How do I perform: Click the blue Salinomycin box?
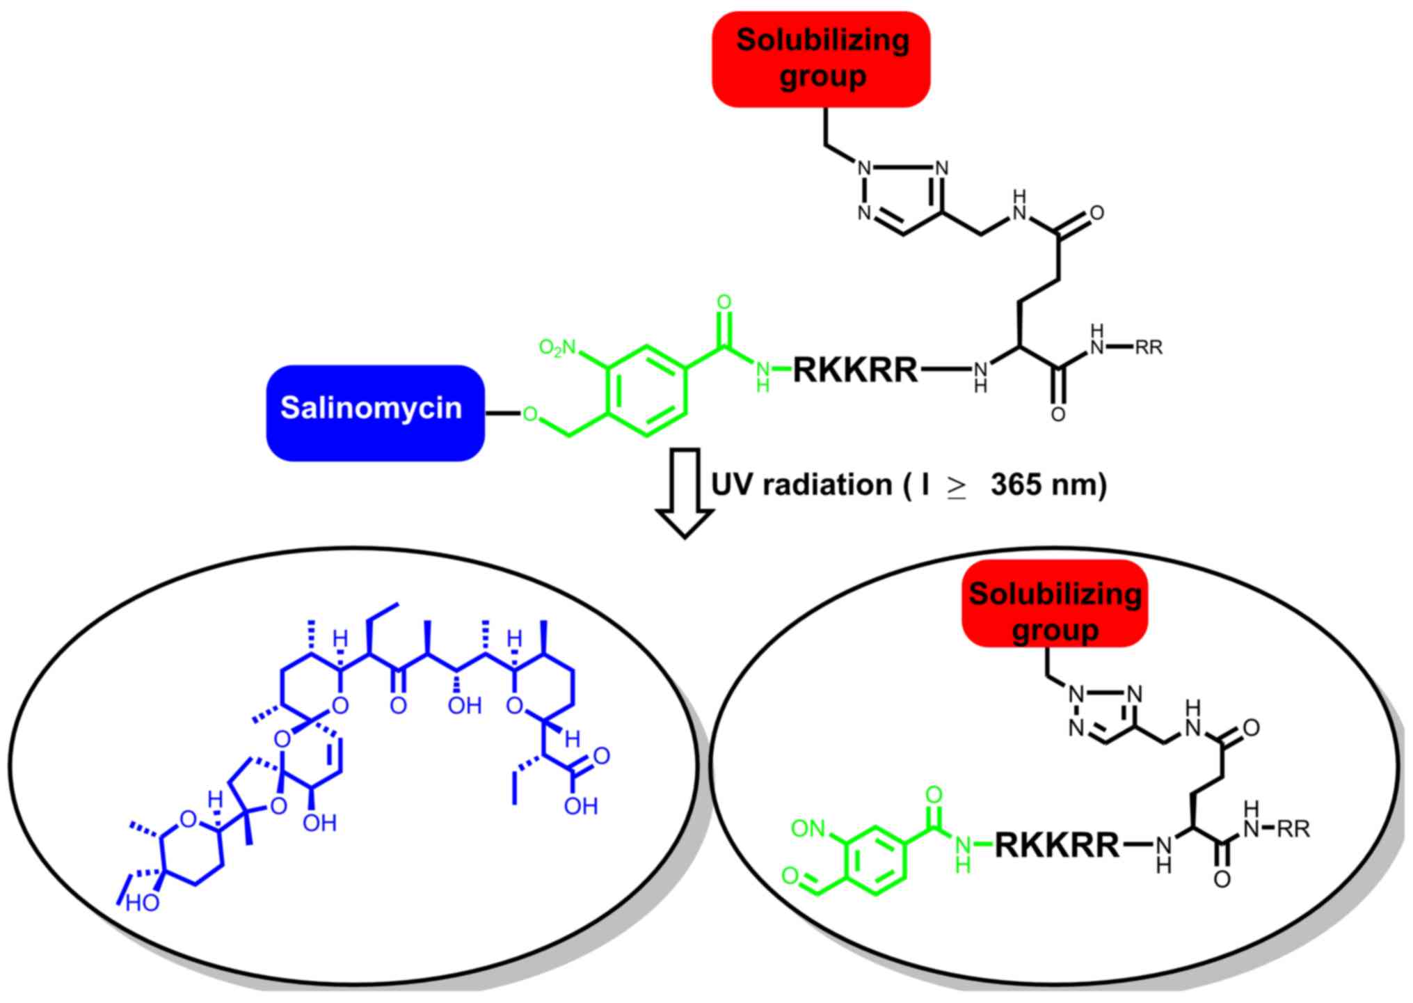pyautogui.click(x=375, y=412)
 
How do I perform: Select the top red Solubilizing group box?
pyautogui.click(x=821, y=59)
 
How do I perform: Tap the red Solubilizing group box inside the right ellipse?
pyautogui.click(x=1055, y=603)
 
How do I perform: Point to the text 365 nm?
pyautogui.click(x=1048, y=485)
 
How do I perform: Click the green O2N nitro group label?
pyautogui.click(x=558, y=347)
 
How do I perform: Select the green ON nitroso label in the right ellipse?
pyautogui.click(x=808, y=829)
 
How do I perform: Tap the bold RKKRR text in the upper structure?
pyautogui.click(x=855, y=370)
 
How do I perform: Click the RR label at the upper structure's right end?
pyautogui.click(x=1149, y=347)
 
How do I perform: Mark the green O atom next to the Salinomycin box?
pyautogui.click(x=530, y=415)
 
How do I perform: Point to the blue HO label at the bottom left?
pyautogui.click(x=143, y=903)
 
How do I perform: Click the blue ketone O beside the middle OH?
pyautogui.click(x=398, y=706)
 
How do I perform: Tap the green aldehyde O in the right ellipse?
pyautogui.click(x=790, y=876)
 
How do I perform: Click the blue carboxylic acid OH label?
pyautogui.click(x=581, y=806)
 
